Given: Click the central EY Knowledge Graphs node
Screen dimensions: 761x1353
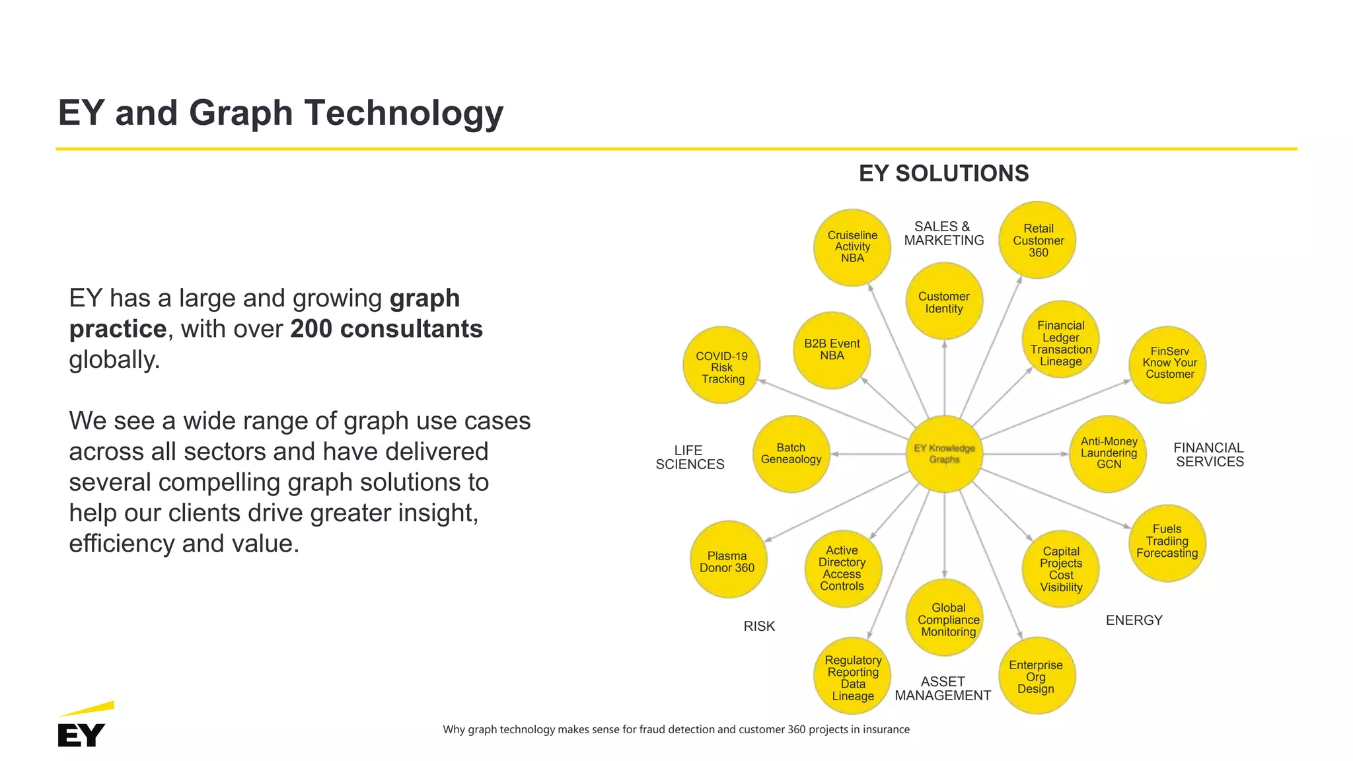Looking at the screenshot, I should point(944,454).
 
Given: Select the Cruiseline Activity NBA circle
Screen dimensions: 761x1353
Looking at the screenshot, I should point(852,247).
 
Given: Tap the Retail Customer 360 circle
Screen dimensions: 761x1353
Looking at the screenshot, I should point(1037,240).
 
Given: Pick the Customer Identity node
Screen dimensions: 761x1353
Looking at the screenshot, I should point(944,302).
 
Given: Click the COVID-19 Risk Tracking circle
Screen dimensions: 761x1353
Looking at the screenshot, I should point(721,365).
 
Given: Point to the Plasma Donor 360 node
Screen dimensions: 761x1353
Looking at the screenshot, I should point(728,560).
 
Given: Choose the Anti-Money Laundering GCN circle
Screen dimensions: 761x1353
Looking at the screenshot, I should point(1108,454).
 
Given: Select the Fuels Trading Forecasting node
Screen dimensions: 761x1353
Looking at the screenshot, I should point(1167,542).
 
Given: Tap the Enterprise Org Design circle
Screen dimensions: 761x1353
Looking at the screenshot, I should point(1037,676).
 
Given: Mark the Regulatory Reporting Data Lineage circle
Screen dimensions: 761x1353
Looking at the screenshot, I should point(852,676).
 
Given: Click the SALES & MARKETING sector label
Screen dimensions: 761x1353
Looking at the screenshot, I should point(943,234).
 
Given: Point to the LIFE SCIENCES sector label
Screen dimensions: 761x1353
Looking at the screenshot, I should point(689,457).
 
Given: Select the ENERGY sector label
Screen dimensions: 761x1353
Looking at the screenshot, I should point(1134,620).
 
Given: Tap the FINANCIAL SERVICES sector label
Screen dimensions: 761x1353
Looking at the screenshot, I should point(1209,454).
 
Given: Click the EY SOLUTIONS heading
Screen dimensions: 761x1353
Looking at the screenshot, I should point(943,174).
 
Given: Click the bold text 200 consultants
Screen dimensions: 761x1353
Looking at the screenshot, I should point(386,329).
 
